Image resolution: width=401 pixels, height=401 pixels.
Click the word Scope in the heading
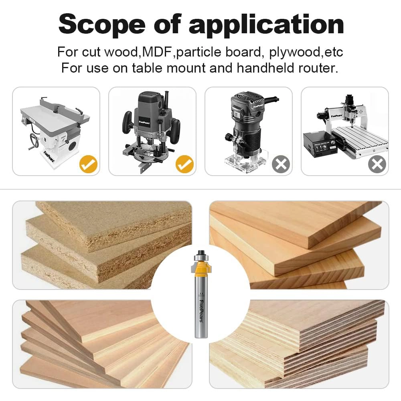[x=103, y=24]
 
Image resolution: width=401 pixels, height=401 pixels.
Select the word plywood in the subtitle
[x=296, y=52]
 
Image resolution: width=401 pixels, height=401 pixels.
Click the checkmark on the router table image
[x=88, y=164]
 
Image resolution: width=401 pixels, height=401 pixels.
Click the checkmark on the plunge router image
[x=184, y=164]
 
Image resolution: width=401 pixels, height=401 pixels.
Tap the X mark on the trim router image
[x=281, y=164]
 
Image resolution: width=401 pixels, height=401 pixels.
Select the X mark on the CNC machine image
[x=377, y=164]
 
